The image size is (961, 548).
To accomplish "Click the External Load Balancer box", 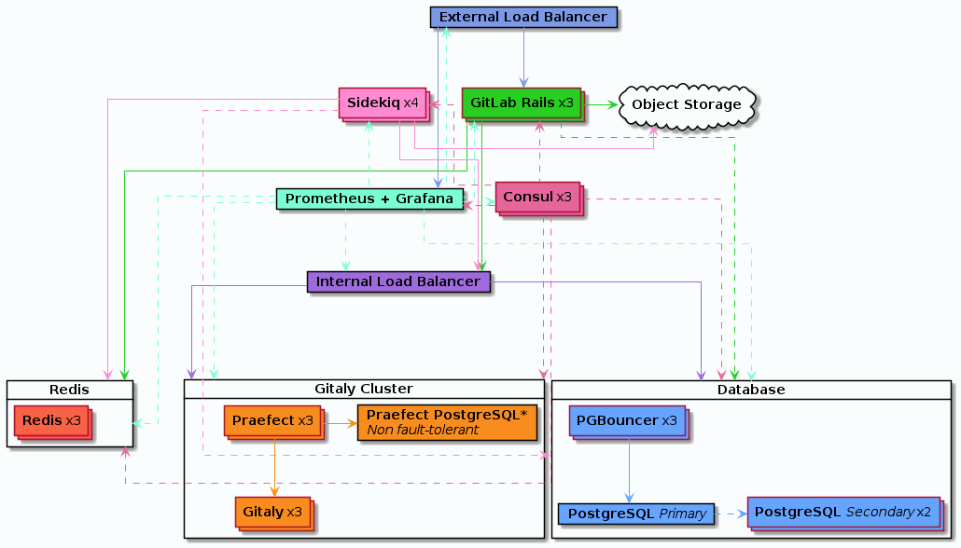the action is (523, 17).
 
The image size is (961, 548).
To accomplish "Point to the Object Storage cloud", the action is (687, 105).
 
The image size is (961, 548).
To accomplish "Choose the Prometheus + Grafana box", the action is (369, 199).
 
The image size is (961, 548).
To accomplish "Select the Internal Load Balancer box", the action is (398, 281).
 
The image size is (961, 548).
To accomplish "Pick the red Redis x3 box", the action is (52, 422).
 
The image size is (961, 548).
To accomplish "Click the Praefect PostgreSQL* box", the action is (448, 422).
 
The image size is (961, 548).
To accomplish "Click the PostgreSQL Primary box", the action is (636, 514).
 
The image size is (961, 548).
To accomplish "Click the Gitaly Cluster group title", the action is (364, 389).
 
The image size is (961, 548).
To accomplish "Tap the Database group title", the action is (751, 390).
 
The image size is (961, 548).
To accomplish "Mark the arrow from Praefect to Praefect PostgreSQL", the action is (341, 423).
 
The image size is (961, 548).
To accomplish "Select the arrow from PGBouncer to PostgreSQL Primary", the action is (629, 470).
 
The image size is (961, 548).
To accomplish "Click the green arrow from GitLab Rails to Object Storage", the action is (600, 104).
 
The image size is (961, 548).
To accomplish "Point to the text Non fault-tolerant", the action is (423, 431).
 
